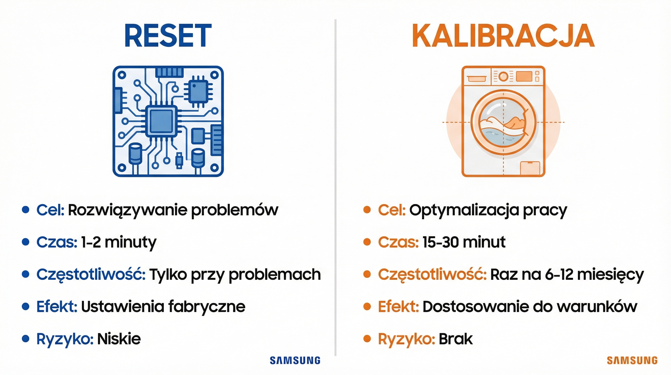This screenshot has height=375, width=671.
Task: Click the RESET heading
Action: (x=168, y=36)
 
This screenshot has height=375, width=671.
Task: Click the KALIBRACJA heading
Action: (x=503, y=36)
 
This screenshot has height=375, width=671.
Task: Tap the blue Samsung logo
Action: (x=295, y=360)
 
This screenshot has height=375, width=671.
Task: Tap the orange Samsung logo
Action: (x=632, y=360)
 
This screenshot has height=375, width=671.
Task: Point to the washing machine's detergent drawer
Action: (x=476, y=78)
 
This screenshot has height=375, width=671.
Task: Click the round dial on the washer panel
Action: (x=503, y=76)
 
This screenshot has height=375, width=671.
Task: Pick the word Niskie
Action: (x=119, y=339)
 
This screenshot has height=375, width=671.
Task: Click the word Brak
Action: (x=455, y=339)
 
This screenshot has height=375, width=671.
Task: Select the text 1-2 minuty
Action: (x=118, y=242)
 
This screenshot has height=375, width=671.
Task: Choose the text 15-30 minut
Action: (x=464, y=242)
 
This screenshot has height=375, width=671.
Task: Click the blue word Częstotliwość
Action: (x=91, y=274)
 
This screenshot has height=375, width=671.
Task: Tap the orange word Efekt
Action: (x=398, y=306)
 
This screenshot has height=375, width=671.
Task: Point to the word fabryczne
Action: (x=207, y=306)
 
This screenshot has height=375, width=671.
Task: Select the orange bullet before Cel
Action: (x=367, y=210)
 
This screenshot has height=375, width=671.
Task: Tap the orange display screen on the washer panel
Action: (x=524, y=76)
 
